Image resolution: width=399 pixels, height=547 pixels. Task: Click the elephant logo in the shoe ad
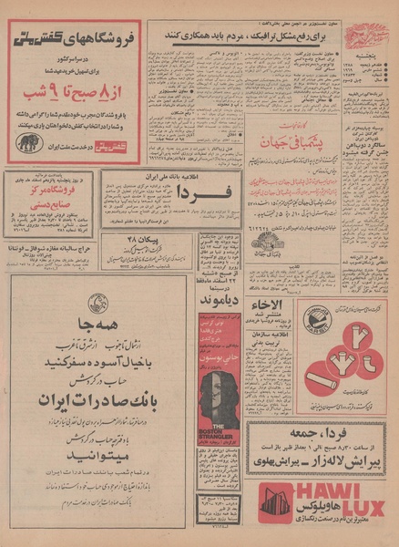tap(29, 142)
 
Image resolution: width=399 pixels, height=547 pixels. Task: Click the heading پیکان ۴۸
tap(145, 239)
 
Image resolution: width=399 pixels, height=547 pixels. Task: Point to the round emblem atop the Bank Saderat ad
tap(97, 304)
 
